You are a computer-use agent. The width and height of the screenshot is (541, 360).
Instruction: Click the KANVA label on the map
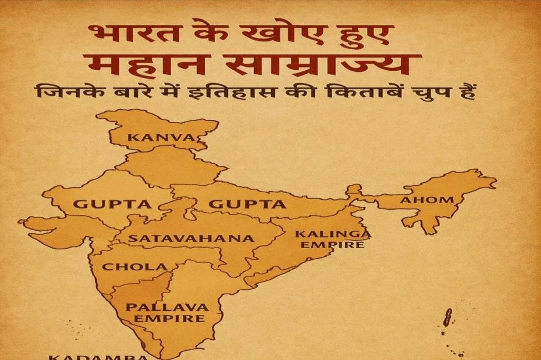point(162,138)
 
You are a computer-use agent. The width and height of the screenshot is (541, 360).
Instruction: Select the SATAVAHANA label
point(191,238)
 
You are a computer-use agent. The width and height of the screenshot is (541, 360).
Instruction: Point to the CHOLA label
point(134,267)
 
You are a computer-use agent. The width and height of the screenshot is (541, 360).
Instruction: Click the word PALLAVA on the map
point(167,307)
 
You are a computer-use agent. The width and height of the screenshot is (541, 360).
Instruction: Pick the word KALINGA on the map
point(333,234)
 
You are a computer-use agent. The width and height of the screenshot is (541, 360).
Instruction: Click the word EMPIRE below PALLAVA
point(169,318)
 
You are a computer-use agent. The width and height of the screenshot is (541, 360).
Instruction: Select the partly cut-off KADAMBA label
point(98,356)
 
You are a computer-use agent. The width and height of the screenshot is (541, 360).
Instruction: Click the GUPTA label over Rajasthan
point(112,204)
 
